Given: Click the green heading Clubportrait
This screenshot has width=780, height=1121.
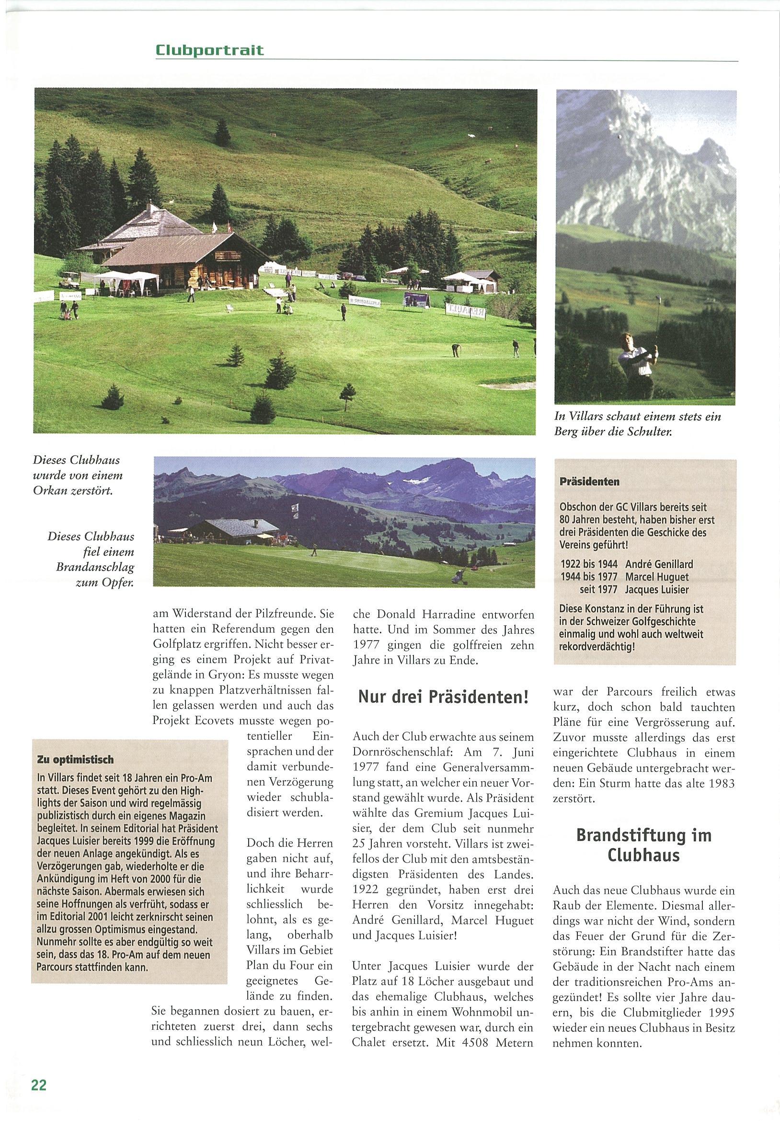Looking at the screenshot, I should click(210, 50).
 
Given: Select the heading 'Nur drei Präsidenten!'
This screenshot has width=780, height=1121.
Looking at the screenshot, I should click(443, 697).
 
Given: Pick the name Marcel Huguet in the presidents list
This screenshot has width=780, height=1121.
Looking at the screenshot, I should click(656, 577).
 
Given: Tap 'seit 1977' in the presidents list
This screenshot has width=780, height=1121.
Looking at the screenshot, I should click(598, 590).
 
